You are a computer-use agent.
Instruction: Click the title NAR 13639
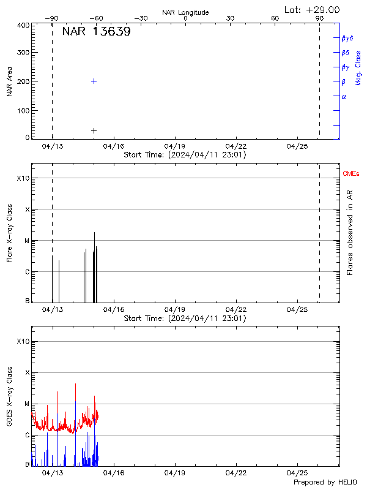(96, 32)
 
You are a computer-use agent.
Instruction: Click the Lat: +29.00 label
(312, 10)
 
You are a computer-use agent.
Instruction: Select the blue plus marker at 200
(94, 81)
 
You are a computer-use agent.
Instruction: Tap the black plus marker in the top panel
(94, 130)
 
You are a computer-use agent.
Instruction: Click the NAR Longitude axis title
(185, 12)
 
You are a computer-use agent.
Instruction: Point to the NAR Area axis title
(10, 81)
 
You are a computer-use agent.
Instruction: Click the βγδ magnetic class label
(347, 38)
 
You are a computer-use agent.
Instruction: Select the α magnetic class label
(344, 97)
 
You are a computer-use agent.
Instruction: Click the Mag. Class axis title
(358, 67)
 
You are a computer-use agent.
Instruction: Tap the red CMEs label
(351, 175)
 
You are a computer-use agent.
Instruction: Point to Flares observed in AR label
(350, 233)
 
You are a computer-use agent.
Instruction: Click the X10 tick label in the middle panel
(23, 178)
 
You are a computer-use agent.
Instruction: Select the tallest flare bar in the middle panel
(94, 263)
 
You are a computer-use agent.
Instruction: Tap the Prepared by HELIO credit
(325, 482)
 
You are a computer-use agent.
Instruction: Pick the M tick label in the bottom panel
(26, 404)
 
